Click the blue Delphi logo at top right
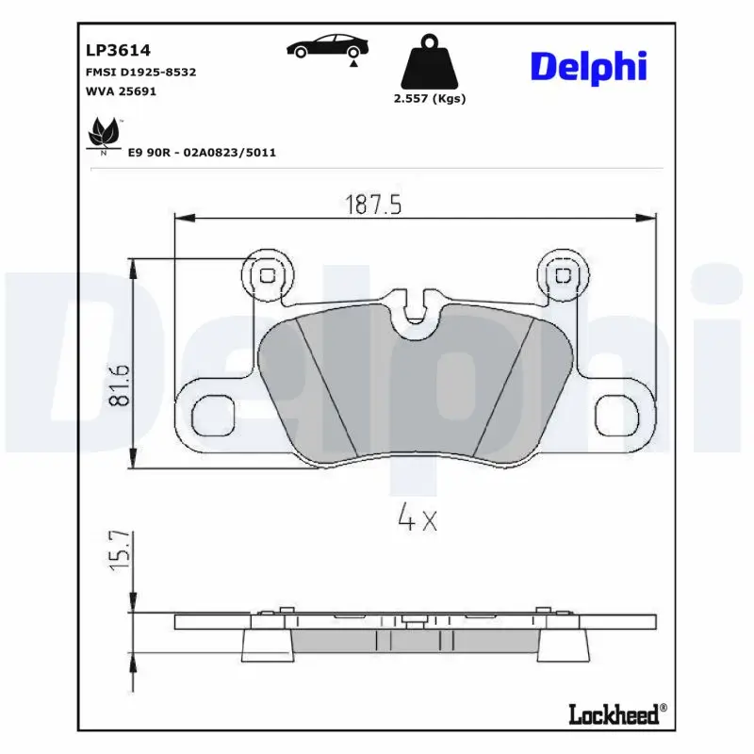click(589, 65)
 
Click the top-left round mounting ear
click(268, 275)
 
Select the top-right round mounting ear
click(565, 275)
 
